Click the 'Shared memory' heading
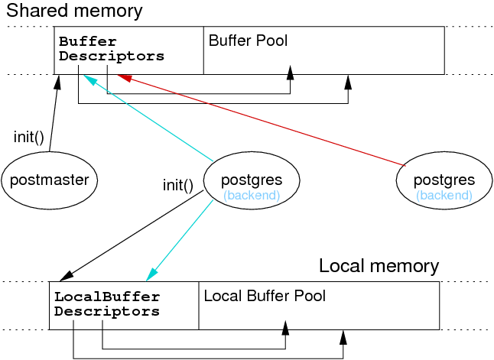click(74, 11)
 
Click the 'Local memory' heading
click(379, 267)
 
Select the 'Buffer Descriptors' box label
click(111, 48)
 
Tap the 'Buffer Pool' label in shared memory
click(248, 41)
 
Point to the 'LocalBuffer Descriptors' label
click(107, 304)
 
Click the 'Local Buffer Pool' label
click(265, 296)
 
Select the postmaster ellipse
click(49, 181)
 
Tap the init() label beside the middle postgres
click(177, 185)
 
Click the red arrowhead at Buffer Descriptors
click(125, 76)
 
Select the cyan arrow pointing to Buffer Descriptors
click(149, 118)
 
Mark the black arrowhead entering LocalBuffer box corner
click(63, 277)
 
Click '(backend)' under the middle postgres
click(252, 196)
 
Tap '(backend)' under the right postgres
click(444, 196)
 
